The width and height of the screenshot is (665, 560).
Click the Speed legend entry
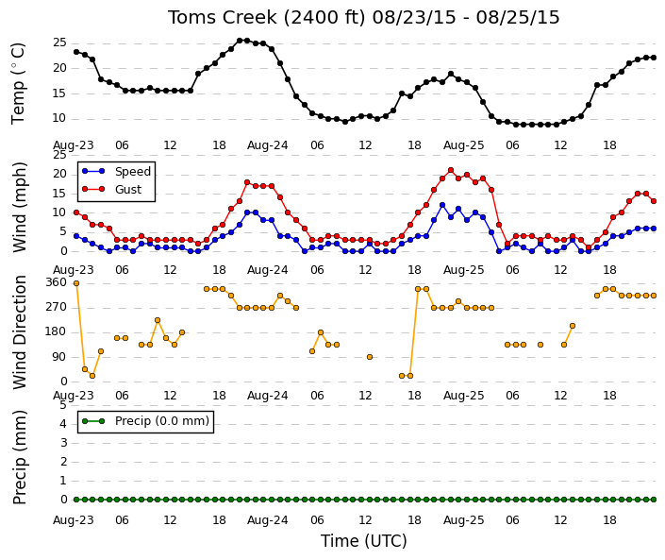[116, 172]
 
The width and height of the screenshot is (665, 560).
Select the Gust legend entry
[111, 190]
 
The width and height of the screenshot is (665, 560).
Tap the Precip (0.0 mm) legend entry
[145, 421]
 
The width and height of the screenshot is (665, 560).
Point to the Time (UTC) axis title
[363, 541]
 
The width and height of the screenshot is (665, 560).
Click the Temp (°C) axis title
[18, 84]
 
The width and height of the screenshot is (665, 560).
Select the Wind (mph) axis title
[20, 208]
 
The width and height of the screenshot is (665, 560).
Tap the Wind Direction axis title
[20, 332]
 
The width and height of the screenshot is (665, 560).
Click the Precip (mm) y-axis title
[20, 457]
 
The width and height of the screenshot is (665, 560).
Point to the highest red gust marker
[451, 170]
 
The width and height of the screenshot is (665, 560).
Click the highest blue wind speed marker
[442, 205]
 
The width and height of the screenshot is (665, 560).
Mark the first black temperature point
[76, 52]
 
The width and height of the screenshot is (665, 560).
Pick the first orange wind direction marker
[76, 283]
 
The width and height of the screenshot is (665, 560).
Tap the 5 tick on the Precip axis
[63, 405]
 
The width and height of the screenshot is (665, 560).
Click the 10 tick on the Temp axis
[59, 118]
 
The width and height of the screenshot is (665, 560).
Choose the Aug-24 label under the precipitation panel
[268, 520]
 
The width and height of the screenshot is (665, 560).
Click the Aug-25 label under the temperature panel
[463, 145]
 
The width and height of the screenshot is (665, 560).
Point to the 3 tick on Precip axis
[63, 443]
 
